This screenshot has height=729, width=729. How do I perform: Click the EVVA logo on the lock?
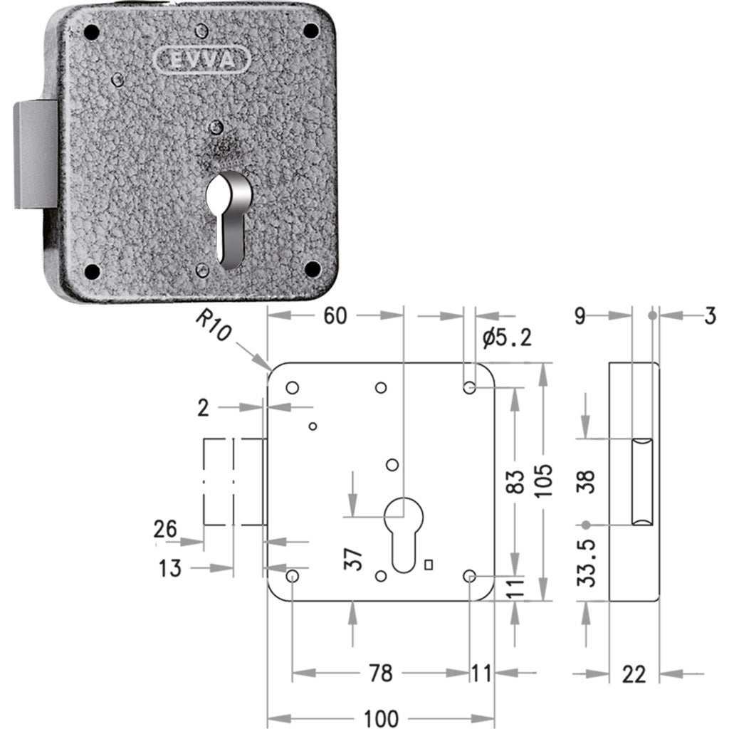[x=201, y=60]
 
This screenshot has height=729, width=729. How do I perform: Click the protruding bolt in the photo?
[x=36, y=154]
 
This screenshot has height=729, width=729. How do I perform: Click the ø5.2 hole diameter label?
[x=507, y=337]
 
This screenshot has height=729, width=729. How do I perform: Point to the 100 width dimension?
[x=381, y=718]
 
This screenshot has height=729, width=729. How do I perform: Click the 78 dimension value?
[x=380, y=673]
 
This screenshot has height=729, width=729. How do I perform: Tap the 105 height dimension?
[x=543, y=481]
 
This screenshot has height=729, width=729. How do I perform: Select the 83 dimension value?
[x=515, y=481]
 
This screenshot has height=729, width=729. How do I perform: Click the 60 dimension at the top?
[x=335, y=315]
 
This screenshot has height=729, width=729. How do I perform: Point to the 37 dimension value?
[x=352, y=559]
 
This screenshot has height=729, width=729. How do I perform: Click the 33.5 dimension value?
[x=587, y=563]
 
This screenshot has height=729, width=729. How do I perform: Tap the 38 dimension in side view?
[x=587, y=482]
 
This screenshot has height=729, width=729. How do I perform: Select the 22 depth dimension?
[x=634, y=673]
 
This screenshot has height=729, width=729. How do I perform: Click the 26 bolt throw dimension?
[x=165, y=529]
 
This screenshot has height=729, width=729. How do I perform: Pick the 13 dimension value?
[x=169, y=568]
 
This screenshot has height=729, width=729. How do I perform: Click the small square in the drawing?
[x=429, y=565]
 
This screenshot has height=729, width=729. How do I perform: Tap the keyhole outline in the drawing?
[x=404, y=535]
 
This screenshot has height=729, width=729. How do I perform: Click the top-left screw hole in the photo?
[x=92, y=32]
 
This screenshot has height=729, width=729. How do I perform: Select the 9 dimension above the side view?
[x=579, y=316]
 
